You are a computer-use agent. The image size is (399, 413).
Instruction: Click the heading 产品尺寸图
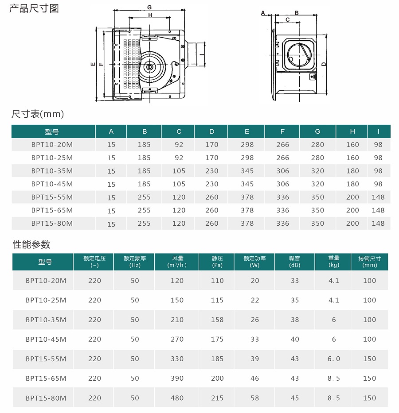point(34,8)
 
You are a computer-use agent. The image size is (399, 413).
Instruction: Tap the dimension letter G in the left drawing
point(149,7)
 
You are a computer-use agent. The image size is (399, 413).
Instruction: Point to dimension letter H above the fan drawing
point(150,15)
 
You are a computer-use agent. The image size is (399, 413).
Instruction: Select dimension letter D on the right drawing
point(324,64)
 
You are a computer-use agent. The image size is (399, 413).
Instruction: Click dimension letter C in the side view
point(287,20)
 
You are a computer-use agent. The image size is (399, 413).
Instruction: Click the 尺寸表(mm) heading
point(38,114)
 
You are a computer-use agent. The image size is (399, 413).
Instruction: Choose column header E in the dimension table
point(247,131)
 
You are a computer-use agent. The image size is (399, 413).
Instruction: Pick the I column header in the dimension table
point(379,131)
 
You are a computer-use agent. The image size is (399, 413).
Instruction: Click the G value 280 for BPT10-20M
point(317,145)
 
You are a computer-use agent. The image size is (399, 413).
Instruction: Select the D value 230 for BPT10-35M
point(212,171)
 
